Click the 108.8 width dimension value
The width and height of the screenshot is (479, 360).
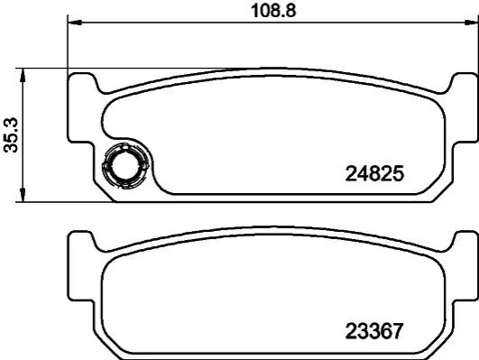[x=273, y=11]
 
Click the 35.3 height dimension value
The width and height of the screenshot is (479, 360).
[x=12, y=135]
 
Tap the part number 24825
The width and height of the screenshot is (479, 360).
[x=374, y=174]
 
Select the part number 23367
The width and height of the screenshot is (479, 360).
[x=374, y=331]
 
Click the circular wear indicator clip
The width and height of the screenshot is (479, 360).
[x=125, y=165]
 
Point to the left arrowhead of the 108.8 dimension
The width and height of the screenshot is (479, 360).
[x=75, y=23]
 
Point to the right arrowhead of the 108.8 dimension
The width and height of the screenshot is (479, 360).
[x=472, y=23]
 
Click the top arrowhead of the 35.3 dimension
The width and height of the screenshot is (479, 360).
[x=23, y=76]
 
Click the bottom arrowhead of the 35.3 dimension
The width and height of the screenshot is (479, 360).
[x=23, y=195]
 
